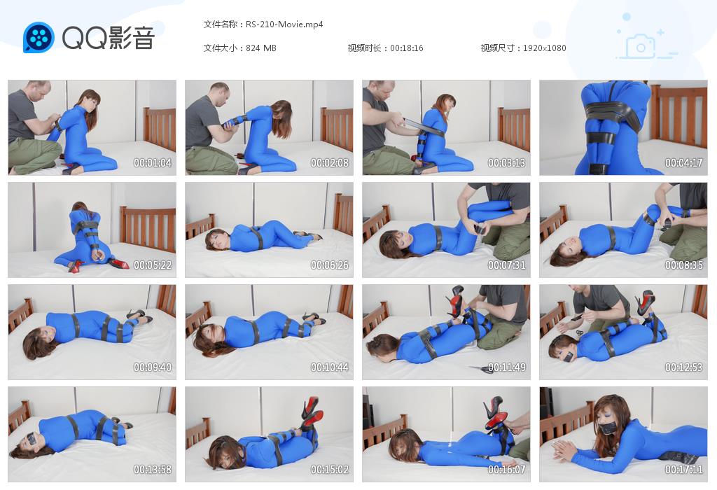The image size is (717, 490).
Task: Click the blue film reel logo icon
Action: coord(39,38)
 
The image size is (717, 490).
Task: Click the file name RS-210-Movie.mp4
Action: coord(284,24)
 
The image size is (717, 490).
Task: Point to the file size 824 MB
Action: coord(261,48)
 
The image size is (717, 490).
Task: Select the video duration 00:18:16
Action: coord(407,48)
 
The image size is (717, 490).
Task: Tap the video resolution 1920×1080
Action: coord(545,48)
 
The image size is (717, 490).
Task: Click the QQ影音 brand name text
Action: coord(109,38)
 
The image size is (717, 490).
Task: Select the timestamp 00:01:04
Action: coord(152,162)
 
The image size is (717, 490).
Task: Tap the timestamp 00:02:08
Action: coord(330,162)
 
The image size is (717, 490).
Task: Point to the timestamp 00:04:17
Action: coord(683,162)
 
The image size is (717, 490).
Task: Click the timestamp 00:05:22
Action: coord(152,265)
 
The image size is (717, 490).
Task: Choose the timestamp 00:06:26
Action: coord(330,265)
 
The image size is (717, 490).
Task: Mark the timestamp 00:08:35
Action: coord(683,265)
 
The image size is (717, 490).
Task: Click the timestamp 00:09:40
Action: coord(152,367)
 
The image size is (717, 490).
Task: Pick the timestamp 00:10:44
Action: coord(330,367)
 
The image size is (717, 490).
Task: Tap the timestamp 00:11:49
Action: coord(507,367)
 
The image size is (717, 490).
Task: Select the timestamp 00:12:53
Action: coord(683,367)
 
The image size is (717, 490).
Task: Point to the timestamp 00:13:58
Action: coord(152,470)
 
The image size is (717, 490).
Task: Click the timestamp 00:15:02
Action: coord(330,470)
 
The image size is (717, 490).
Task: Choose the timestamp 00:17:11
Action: coord(683,470)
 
